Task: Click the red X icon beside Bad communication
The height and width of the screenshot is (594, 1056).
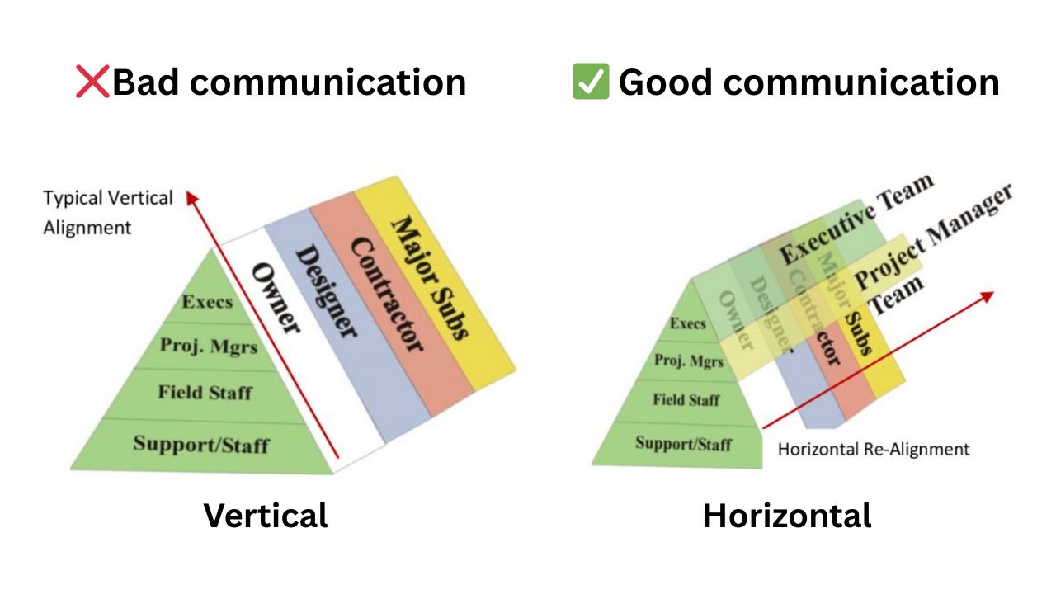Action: click(x=92, y=82)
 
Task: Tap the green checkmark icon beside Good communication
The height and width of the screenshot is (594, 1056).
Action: click(x=591, y=82)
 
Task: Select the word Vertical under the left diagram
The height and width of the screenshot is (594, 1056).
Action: click(x=266, y=516)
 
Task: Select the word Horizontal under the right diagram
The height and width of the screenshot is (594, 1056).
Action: click(x=787, y=516)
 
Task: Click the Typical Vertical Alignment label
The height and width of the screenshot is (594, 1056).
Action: click(x=108, y=213)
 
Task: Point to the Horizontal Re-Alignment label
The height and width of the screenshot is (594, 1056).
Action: click(x=874, y=450)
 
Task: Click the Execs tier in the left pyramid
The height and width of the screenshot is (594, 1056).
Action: click(x=207, y=301)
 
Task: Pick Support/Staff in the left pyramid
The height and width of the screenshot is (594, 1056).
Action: click(x=201, y=444)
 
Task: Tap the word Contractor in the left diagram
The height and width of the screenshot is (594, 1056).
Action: click(x=387, y=294)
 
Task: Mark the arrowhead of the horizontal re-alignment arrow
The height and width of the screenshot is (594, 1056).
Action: click(x=988, y=295)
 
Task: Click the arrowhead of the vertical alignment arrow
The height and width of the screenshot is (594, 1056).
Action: click(x=191, y=196)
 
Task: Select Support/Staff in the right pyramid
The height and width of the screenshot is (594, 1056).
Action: click(x=683, y=443)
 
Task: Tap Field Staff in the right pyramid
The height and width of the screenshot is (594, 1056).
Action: click(x=686, y=400)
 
